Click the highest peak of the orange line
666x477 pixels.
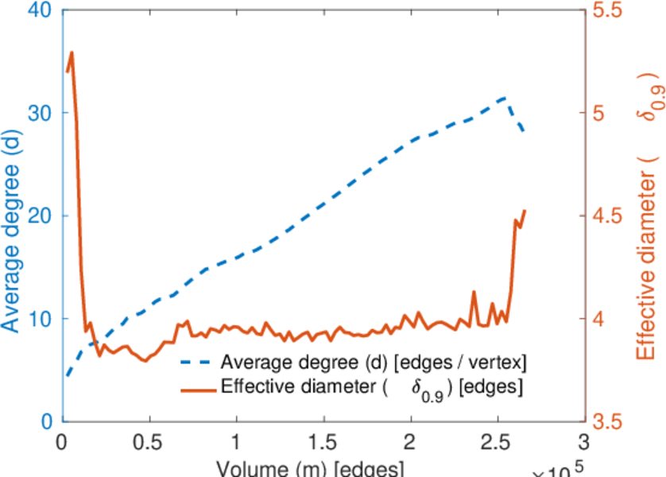(72, 52)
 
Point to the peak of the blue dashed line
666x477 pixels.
(505, 98)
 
